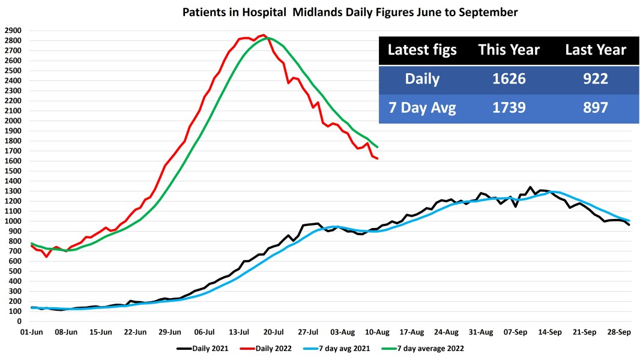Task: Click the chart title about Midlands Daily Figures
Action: (x=350, y=12)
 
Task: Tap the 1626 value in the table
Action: (x=509, y=79)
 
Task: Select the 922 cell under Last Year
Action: (x=596, y=79)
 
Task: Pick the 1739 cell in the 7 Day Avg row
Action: (x=509, y=107)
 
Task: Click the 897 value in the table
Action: (x=596, y=107)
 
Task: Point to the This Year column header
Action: (x=509, y=50)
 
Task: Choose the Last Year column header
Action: (x=596, y=50)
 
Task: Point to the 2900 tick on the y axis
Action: (x=13, y=30)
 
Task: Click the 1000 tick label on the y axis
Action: (x=13, y=221)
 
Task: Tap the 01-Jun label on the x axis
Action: (x=31, y=331)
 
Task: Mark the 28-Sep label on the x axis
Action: (x=618, y=331)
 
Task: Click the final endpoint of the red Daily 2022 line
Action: (x=377, y=158)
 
